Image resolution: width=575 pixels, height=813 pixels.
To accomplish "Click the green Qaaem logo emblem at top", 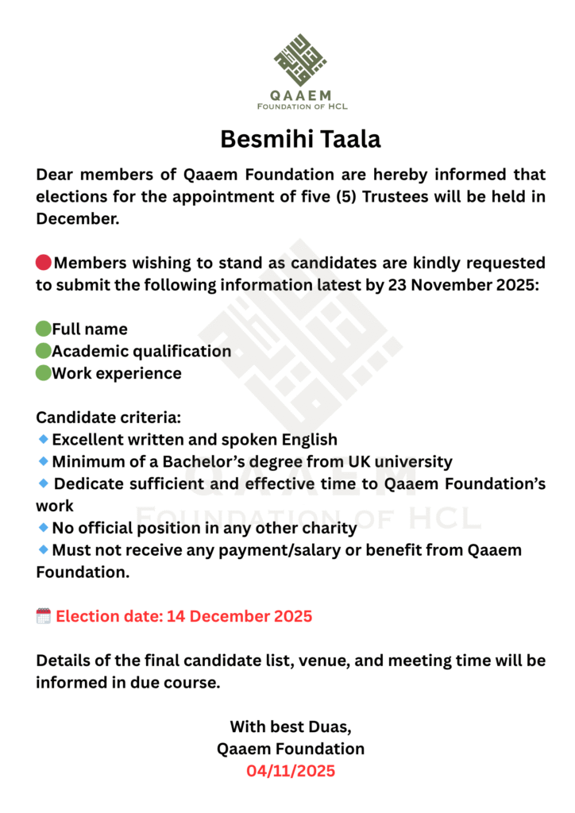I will [x=300, y=60].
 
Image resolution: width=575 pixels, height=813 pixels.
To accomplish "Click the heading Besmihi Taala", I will [x=300, y=139].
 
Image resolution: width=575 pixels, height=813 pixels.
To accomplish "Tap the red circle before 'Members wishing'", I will [x=44, y=263].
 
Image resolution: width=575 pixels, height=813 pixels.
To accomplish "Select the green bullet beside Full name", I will [x=43, y=329].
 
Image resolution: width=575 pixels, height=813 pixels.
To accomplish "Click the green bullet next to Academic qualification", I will [x=43, y=351].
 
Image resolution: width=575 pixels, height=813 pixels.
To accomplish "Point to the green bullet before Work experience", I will [x=43, y=373].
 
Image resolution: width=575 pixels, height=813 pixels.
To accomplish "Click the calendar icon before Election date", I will [x=44, y=615].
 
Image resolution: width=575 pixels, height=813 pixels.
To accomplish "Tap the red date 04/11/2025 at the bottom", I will [x=291, y=771].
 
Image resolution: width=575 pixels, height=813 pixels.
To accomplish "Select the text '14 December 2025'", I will [x=239, y=616].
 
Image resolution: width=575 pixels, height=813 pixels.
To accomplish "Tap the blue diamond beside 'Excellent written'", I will [x=43, y=439].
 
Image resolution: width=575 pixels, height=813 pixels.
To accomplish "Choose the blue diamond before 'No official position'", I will [x=43, y=527].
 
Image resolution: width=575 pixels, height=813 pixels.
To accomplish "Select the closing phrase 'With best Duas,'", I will [x=291, y=726].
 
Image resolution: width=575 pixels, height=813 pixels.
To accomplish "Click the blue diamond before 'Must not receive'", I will [x=43, y=549].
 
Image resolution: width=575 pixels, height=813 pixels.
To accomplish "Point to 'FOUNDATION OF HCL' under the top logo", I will [x=302, y=106].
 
